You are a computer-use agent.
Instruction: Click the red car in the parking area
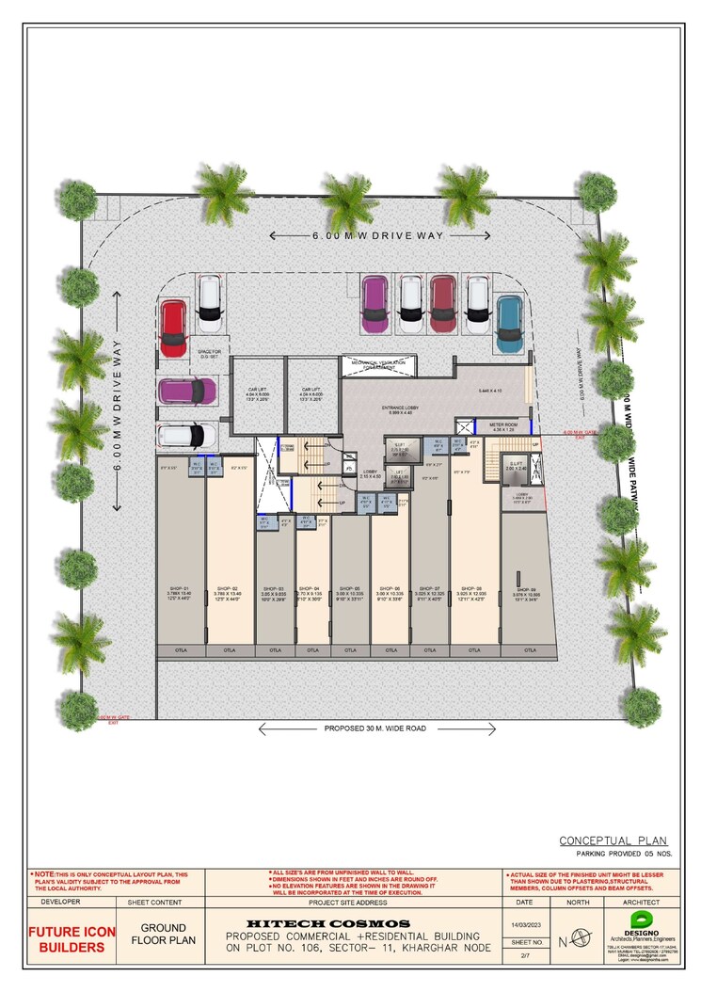point(173,328)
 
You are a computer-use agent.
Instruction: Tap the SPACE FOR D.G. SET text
point(207,354)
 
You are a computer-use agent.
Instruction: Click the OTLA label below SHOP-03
point(275,650)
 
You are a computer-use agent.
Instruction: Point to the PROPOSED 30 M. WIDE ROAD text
point(376,728)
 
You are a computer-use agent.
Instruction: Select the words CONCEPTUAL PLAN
point(613,840)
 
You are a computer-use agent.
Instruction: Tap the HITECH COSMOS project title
point(327,923)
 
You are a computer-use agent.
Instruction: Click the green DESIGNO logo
point(643,919)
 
